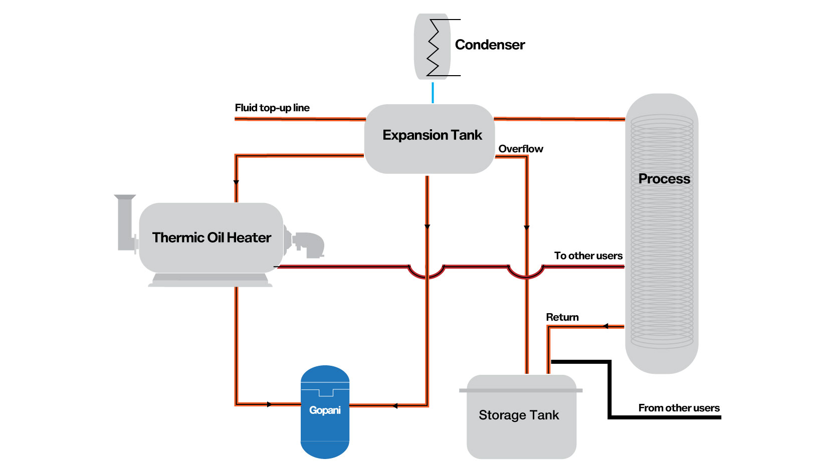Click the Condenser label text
tap(490, 45)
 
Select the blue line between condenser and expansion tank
tap(433, 93)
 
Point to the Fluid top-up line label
tap(272, 108)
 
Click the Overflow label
tap(521, 149)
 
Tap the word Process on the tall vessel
tap(664, 179)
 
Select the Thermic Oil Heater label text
tap(212, 238)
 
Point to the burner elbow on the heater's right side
tap(309, 244)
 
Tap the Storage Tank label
tap(519, 415)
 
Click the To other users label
tap(588, 256)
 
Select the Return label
tap(562, 317)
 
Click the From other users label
tap(679, 408)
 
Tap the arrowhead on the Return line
tap(605, 326)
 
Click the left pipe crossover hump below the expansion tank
tap(427, 273)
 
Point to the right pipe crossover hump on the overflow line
tap(526, 273)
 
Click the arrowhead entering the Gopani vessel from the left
tap(270, 404)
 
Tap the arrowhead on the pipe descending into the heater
tap(236, 182)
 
